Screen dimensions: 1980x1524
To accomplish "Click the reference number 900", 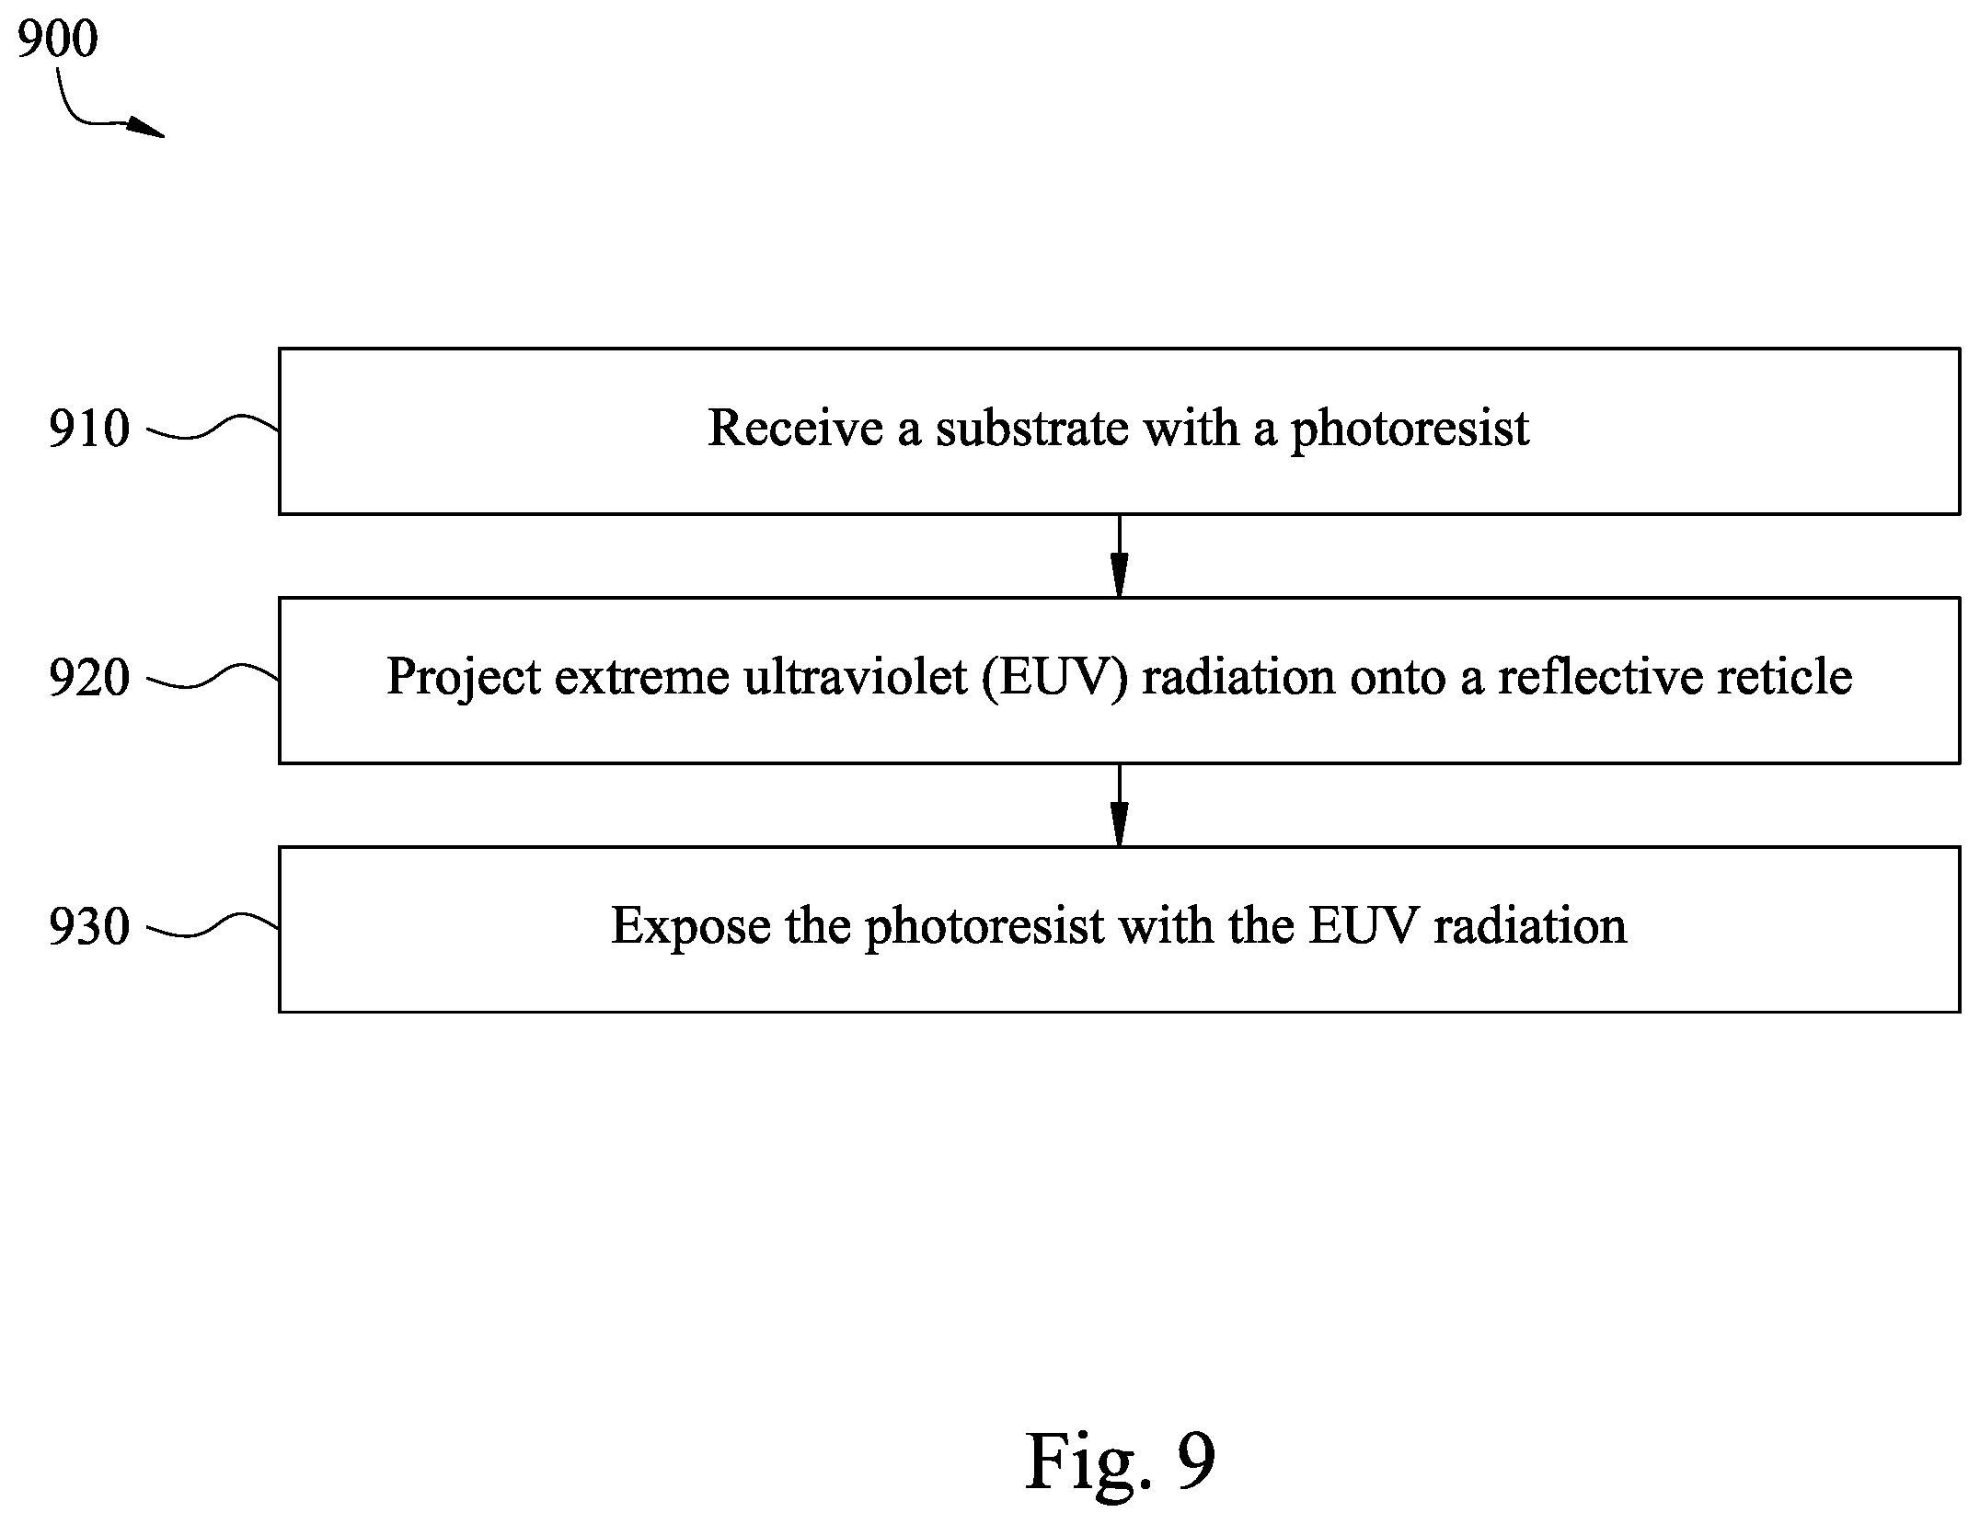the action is [x=57, y=40].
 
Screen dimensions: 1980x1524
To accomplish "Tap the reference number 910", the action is [x=89, y=430].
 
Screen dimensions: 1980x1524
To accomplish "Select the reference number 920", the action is [x=89, y=679].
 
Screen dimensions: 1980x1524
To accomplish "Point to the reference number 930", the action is [x=89, y=927].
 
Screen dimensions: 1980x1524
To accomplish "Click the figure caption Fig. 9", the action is [x=1120, y=1461].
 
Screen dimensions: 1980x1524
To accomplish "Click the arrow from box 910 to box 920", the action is [x=1119, y=556].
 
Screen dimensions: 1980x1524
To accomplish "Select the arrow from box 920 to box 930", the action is [x=1119, y=805].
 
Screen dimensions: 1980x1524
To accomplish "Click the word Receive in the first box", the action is [x=795, y=429].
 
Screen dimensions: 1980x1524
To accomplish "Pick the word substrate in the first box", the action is [x=1032, y=429].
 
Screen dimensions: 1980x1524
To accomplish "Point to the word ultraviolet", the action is [x=855, y=678].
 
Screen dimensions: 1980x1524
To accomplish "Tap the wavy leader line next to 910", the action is [x=213, y=427].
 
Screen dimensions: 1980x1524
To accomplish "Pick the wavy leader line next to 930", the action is [x=213, y=925].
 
